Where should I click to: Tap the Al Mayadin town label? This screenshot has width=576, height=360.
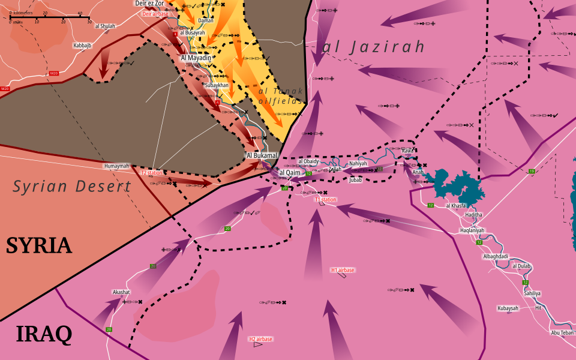click(x=196, y=58)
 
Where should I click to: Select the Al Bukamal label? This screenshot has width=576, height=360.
click(x=262, y=156)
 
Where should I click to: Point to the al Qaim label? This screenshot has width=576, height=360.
click(x=289, y=173)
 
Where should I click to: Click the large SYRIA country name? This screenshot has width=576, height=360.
click(x=39, y=245)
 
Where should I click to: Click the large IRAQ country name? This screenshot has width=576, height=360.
click(x=44, y=334)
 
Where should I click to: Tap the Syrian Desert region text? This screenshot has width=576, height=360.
click(x=72, y=187)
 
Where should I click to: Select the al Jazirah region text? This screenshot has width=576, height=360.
click(x=373, y=47)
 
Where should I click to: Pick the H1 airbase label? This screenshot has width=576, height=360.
click(x=343, y=270)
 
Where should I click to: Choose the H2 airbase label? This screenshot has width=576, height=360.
click(x=260, y=339)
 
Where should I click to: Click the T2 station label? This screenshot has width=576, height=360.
click(x=152, y=173)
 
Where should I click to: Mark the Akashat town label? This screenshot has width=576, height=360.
click(x=121, y=292)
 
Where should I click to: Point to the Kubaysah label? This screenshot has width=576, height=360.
click(x=507, y=308)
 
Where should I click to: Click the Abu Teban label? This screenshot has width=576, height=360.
click(x=562, y=332)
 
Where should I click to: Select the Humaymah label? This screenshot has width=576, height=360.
click(x=116, y=166)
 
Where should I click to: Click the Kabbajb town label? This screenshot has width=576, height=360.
click(x=83, y=45)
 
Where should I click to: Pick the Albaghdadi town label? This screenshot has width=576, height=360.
click(x=495, y=256)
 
